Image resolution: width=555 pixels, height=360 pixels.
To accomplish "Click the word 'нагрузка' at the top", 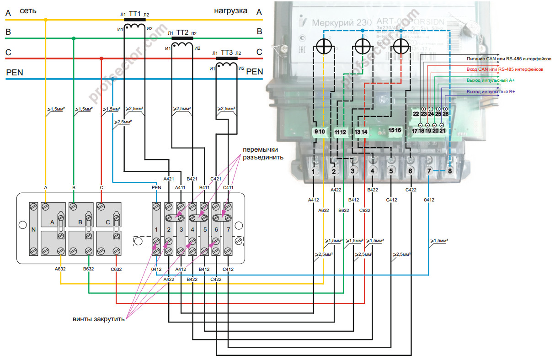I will click(x=231, y=11).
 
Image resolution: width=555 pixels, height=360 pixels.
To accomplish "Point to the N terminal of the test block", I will click(x=33, y=229).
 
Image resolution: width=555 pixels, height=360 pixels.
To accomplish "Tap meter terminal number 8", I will click(x=450, y=171).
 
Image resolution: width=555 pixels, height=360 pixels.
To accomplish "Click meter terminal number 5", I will click(x=391, y=171).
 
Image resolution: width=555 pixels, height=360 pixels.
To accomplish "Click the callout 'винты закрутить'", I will click(x=99, y=319).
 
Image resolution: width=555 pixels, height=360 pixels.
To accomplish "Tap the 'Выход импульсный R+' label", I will click(x=491, y=92).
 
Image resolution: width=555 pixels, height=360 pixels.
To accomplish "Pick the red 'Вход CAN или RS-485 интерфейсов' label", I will click(x=505, y=69).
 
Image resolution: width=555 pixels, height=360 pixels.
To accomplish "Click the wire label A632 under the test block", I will click(x=60, y=269).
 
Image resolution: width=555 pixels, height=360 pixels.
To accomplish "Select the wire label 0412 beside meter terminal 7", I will click(x=428, y=199).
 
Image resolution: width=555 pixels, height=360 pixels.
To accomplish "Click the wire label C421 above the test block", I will click(x=215, y=179).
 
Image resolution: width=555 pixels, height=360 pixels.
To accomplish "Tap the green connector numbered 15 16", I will click(x=395, y=130).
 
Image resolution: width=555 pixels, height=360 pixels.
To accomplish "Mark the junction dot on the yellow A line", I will click(x=46, y=20).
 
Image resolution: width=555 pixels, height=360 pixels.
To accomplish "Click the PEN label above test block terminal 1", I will click(x=156, y=187).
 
